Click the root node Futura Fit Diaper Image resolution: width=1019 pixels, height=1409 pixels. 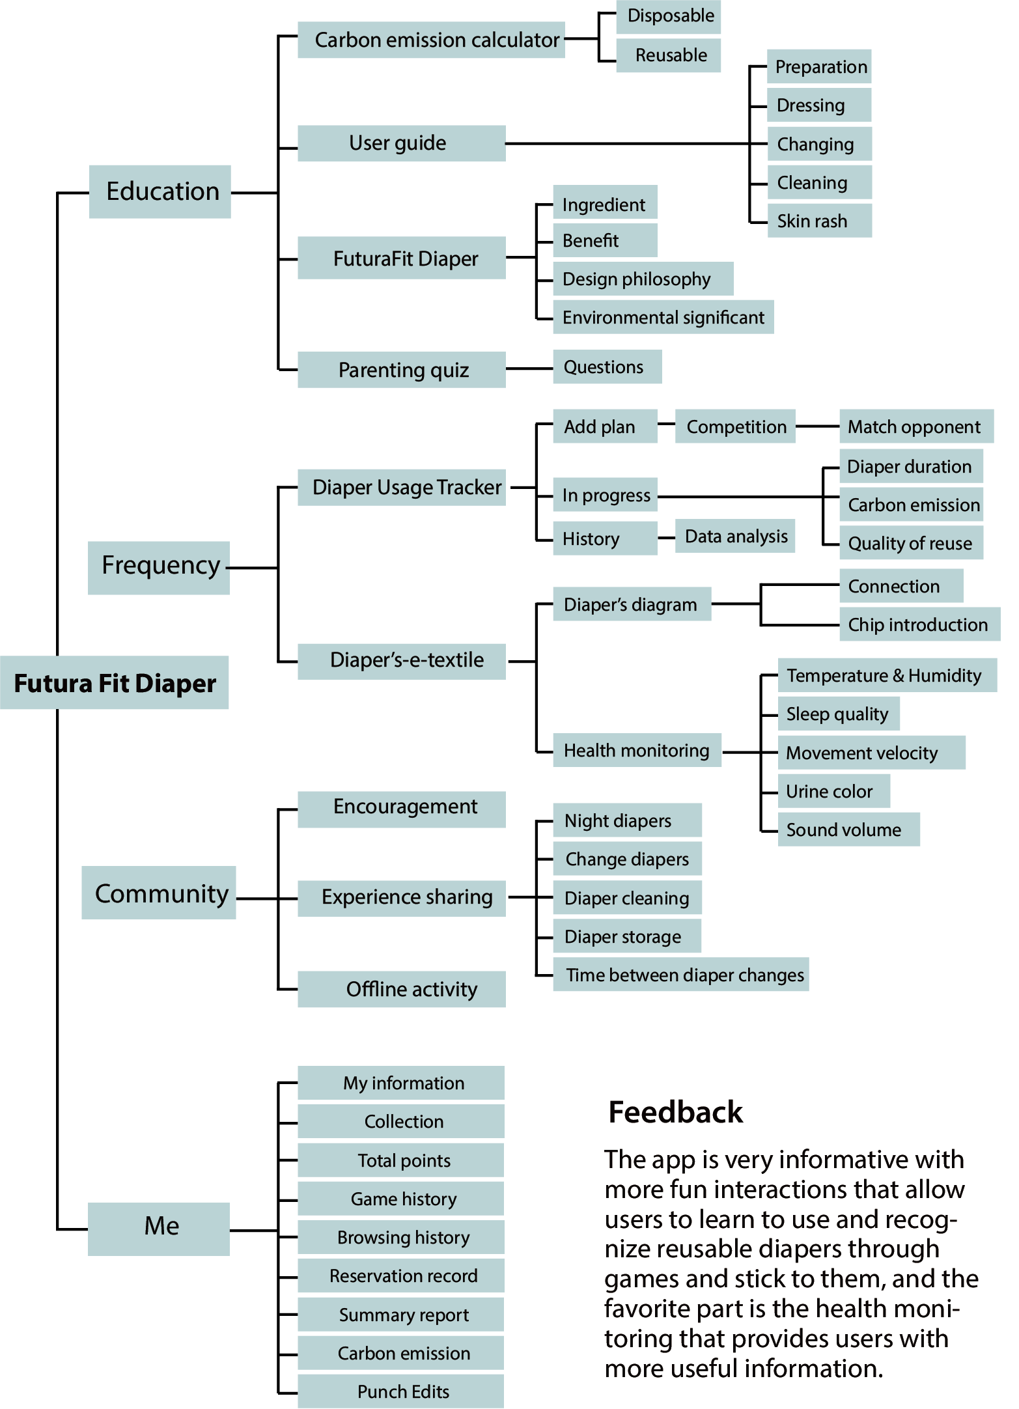(x=115, y=683)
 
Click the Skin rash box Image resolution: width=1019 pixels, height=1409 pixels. (x=819, y=221)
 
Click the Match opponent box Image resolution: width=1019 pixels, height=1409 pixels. (x=915, y=426)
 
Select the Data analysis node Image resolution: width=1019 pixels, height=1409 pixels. (x=735, y=536)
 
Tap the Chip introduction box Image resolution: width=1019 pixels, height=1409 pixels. (x=919, y=624)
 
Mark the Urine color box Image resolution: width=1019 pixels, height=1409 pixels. (x=833, y=791)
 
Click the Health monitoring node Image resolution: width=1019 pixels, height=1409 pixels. (x=637, y=750)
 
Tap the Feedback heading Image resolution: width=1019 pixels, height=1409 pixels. (x=675, y=1112)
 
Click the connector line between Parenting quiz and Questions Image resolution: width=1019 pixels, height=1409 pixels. (x=529, y=369)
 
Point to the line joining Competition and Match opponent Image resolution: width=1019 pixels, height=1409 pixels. (x=817, y=426)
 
